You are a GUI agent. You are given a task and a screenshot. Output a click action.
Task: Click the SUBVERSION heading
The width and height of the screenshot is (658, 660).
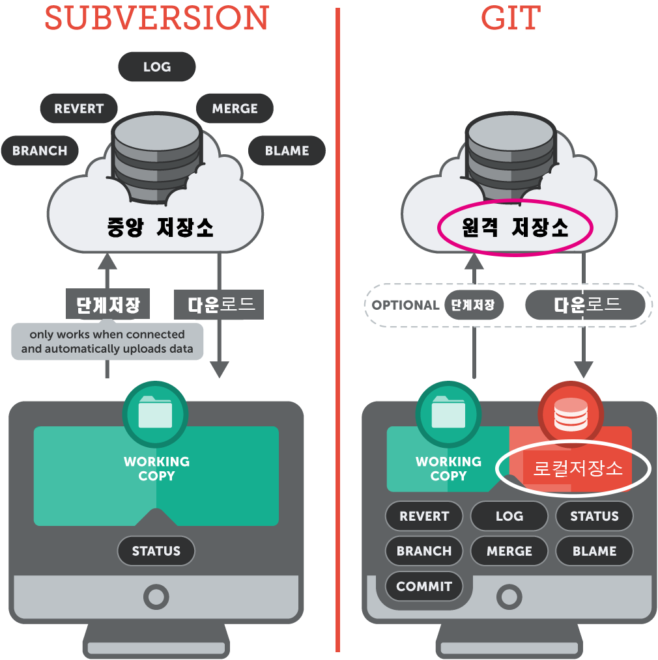[x=156, y=18]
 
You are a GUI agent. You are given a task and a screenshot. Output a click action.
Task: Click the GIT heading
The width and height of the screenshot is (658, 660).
[x=511, y=18]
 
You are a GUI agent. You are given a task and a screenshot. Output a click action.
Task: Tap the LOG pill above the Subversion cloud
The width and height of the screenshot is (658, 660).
[x=156, y=67]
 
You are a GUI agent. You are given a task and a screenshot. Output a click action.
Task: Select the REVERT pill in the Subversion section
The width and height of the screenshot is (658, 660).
[x=79, y=109]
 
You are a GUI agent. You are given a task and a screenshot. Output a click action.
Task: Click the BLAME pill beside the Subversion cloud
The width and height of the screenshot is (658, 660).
[x=287, y=150]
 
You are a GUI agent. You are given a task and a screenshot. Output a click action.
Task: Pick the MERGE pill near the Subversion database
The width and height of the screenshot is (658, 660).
[x=235, y=109]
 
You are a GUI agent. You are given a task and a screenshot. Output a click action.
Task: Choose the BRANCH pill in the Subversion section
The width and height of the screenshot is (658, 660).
[x=40, y=150]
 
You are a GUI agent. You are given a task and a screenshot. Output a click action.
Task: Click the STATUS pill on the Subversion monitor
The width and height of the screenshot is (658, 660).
[x=156, y=551]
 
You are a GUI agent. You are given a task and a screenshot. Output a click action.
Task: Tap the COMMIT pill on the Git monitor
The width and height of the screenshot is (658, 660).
[x=423, y=586]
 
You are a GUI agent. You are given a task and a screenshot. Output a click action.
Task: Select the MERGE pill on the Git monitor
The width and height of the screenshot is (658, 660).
[x=509, y=551]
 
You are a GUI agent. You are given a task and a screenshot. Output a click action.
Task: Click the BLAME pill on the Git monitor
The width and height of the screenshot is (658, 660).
[x=594, y=551]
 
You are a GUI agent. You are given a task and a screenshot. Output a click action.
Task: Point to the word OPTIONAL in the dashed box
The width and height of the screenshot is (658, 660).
[x=405, y=305]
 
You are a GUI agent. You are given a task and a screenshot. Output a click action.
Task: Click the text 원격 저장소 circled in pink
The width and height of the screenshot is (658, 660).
[x=515, y=228]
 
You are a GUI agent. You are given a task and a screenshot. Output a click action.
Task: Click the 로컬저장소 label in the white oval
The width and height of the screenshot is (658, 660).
[x=577, y=469]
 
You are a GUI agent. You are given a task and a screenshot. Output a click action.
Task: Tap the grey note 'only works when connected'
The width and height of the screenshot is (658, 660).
[x=107, y=342]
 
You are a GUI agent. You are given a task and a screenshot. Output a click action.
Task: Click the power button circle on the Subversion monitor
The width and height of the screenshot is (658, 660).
[x=156, y=596]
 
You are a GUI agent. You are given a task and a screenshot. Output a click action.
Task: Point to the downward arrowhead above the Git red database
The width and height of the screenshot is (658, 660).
[x=583, y=370]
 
